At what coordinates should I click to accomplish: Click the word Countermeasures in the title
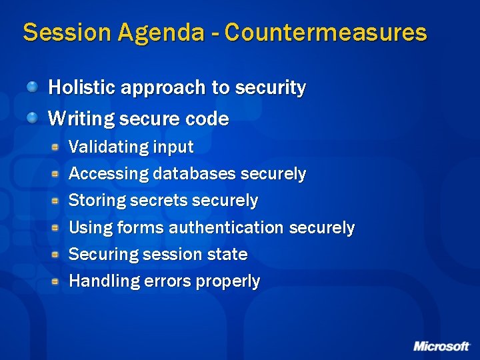[326, 32]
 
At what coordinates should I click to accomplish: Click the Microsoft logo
[441, 346]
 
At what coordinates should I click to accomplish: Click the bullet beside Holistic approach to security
[33, 87]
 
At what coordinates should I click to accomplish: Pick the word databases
[194, 174]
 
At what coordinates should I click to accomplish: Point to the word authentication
[227, 227]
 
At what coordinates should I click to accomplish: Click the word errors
[167, 281]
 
